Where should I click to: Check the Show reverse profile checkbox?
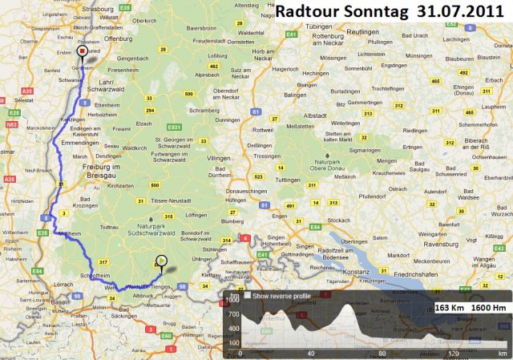coord(248,296)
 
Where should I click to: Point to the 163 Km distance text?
coord(450,307)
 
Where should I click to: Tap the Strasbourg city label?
coord(78,10)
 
